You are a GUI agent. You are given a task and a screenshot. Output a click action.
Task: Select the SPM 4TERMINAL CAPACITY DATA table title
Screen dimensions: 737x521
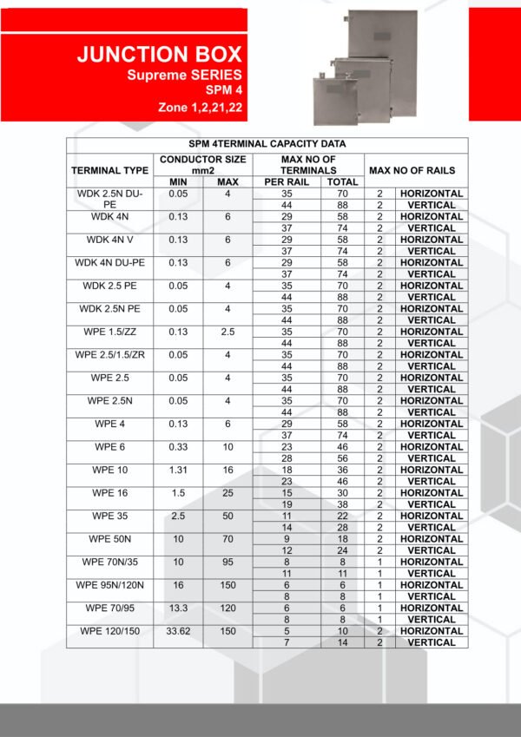267,144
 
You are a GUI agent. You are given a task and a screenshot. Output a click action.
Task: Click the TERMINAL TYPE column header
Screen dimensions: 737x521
109,171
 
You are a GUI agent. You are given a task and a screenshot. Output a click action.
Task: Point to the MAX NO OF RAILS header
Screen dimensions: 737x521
412,171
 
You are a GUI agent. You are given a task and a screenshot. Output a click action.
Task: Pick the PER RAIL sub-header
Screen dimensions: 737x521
287,182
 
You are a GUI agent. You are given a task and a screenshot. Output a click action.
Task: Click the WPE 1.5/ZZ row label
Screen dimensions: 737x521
109,332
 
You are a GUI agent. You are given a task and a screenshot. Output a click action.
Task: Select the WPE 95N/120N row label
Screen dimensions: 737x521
109,585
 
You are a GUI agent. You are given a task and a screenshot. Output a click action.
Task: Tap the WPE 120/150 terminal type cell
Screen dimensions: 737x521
109,631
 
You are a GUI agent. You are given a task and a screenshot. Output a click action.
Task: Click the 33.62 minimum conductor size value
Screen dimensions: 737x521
178,631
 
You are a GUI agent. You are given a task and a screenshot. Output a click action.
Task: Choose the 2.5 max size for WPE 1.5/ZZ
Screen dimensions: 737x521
228,332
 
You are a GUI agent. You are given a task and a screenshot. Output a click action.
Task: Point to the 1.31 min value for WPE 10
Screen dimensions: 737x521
178,470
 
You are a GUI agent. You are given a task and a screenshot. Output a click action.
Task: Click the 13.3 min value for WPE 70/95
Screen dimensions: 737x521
178,609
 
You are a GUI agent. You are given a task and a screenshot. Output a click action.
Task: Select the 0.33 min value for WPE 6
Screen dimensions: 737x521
178,447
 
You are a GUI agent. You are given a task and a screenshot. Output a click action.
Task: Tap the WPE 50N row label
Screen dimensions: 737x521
109,539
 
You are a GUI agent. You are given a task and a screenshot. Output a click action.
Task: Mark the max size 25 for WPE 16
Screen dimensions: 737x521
228,493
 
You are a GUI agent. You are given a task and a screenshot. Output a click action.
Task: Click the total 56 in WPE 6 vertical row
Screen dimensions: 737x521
342,458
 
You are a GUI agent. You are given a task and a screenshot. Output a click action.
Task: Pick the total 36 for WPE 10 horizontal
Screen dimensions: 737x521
342,470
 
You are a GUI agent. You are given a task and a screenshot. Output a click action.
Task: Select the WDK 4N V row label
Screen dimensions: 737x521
109,240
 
